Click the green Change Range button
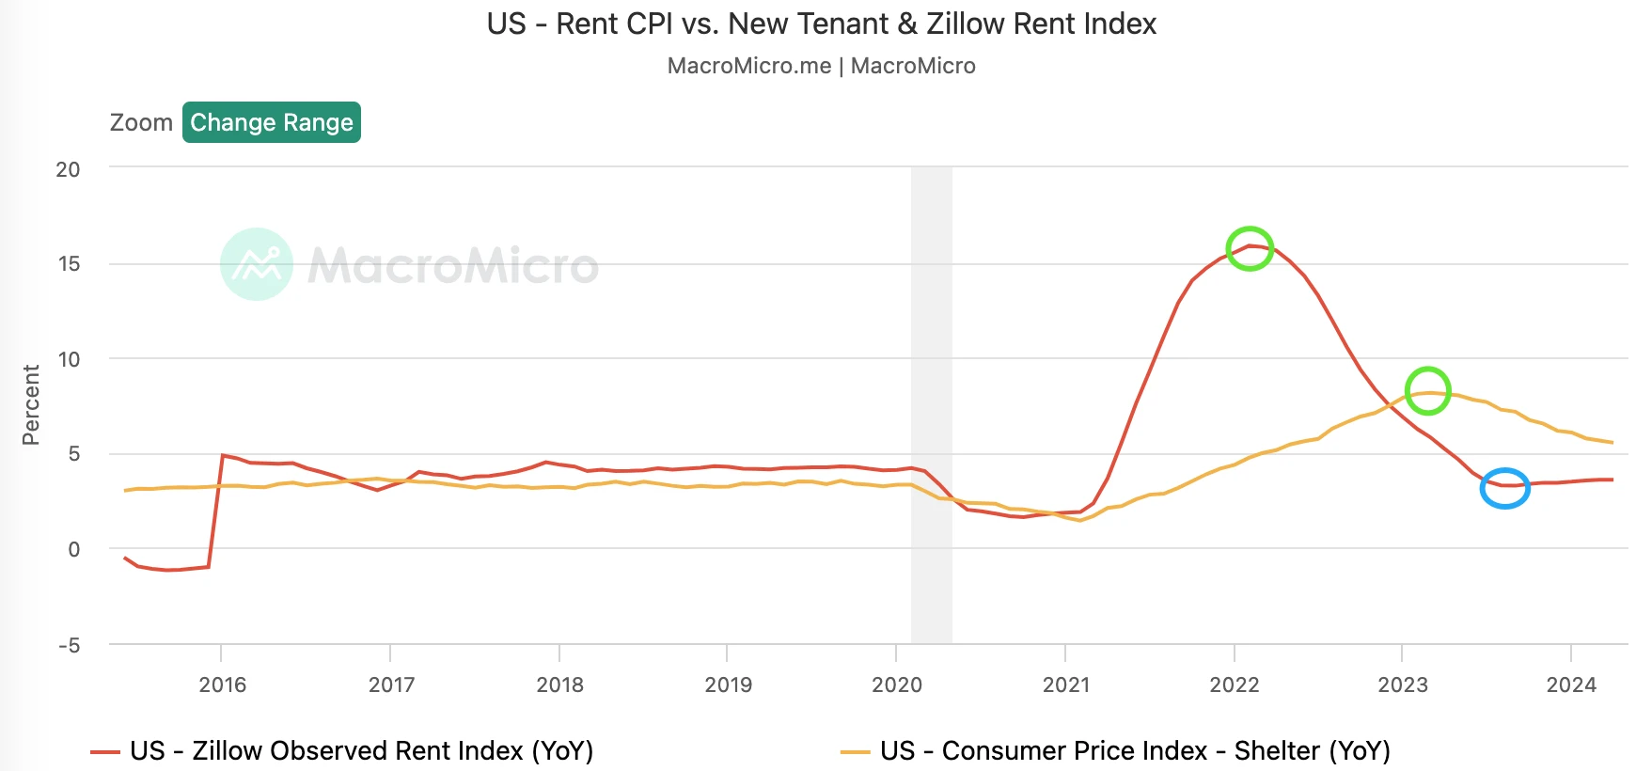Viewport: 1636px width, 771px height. (x=272, y=122)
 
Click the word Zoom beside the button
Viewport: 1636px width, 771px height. (x=141, y=123)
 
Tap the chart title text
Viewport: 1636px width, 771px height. (x=821, y=24)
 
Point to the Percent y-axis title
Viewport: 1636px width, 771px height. (x=31, y=405)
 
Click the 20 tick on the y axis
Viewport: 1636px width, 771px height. (x=68, y=169)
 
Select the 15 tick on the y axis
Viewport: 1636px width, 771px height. (x=69, y=264)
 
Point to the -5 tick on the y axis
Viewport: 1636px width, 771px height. (x=69, y=645)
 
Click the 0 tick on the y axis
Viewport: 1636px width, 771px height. (x=74, y=549)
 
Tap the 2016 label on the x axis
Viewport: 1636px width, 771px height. (x=222, y=684)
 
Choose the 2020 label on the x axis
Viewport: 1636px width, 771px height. (x=896, y=684)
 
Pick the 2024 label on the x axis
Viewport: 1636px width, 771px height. (x=1570, y=684)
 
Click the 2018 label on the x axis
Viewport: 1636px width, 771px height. (x=559, y=684)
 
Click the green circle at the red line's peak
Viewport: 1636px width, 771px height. (x=1250, y=249)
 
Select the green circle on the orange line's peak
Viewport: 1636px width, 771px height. (x=1427, y=391)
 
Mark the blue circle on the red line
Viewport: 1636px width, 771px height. (x=1504, y=488)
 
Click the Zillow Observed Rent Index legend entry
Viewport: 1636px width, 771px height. (x=343, y=750)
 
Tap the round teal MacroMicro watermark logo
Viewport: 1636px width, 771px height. (x=257, y=264)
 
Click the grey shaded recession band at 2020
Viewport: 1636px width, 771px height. (x=931, y=404)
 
